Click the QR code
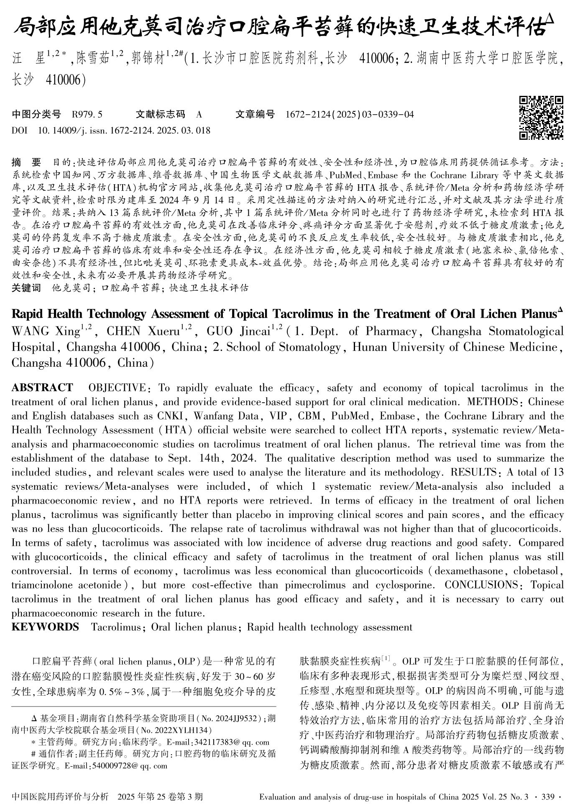click(x=541, y=118)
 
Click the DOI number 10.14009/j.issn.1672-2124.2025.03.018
click(x=124, y=131)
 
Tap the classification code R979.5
click(x=87, y=114)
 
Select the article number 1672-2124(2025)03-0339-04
click(x=350, y=114)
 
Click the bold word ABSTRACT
click(x=42, y=388)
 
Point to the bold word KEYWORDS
click(x=45, y=627)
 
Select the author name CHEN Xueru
click(x=144, y=331)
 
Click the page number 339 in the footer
click(x=548, y=797)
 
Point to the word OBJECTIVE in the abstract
click(x=117, y=388)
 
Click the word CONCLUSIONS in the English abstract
click(x=481, y=585)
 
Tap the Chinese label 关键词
click(x=26, y=288)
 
